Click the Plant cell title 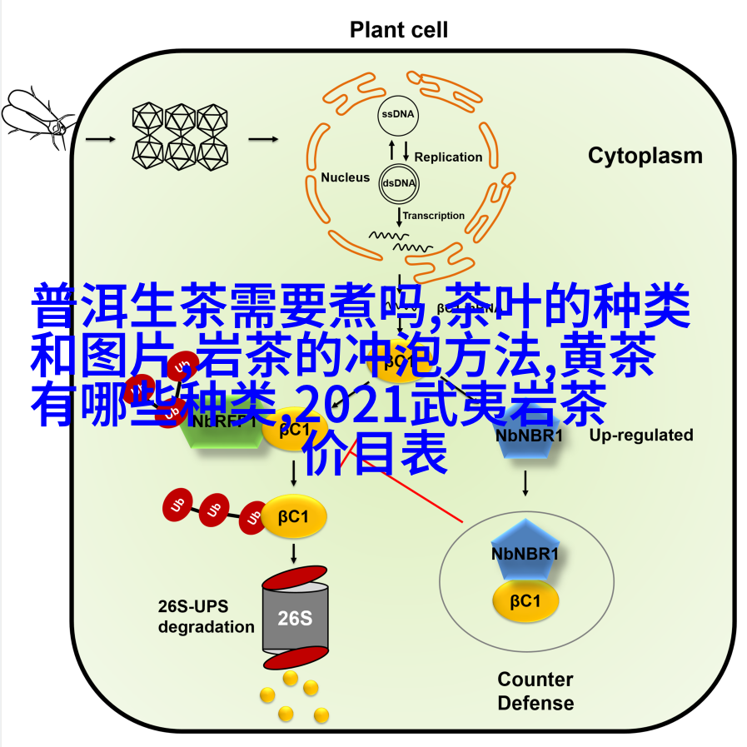point(398,30)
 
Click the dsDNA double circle point(399,183)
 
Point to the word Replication point(448,157)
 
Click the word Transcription point(434,216)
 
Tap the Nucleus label point(345,177)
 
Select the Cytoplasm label point(645,156)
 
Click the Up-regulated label point(640,435)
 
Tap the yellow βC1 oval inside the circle point(525,600)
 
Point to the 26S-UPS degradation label point(207,616)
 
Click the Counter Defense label point(535,691)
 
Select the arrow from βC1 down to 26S point(295,552)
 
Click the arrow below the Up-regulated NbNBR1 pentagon point(526,483)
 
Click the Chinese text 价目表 point(376,456)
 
